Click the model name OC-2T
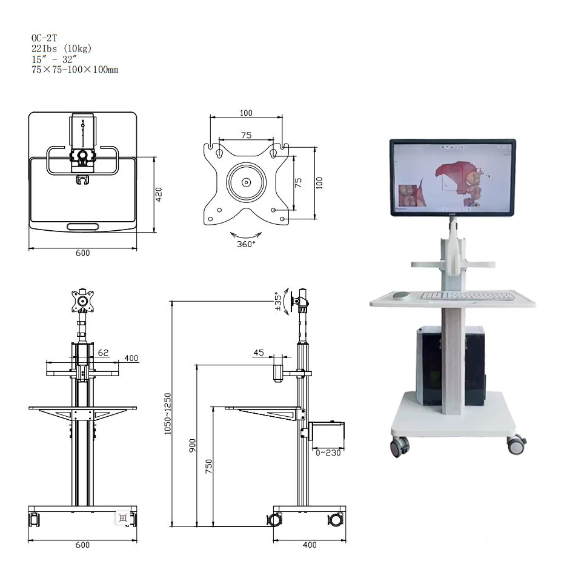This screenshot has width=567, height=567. pos(43,37)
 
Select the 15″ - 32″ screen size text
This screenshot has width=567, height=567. pos(54,59)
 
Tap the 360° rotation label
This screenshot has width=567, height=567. pos(246,244)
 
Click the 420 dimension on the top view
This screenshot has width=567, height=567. pos(159,194)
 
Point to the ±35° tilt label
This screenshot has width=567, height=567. pos(278,302)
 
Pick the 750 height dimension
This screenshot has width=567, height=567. pos(208,466)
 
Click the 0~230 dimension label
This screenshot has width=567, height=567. pos(328,452)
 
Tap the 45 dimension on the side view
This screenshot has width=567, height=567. pos(259,353)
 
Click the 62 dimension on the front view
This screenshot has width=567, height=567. pos(103,351)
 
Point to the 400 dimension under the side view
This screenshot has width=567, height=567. pos(309,545)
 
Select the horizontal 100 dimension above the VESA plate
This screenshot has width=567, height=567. pos(246,113)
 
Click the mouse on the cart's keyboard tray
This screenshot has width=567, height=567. pos(400,296)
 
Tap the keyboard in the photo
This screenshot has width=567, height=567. pos(468,296)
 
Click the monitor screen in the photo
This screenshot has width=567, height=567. pos(452,177)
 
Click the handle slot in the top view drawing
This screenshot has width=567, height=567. pos(83,226)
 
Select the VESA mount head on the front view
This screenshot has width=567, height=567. pos(83,299)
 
